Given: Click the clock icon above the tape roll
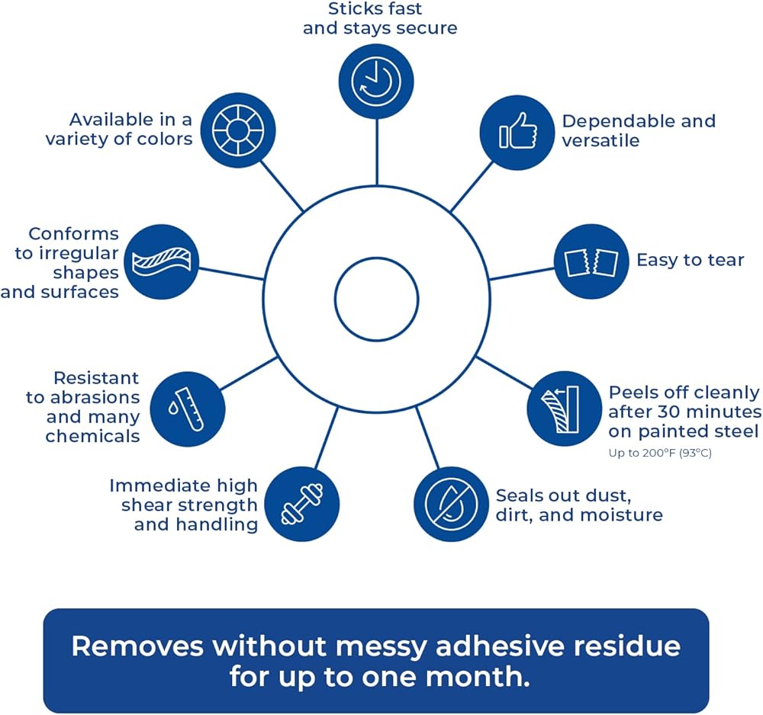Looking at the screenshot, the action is point(376,82).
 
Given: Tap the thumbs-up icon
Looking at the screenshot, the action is point(517,132).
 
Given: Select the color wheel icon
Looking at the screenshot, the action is point(238,130).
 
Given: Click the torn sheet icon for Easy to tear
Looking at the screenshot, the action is point(592,261).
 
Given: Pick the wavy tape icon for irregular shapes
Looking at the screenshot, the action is point(162,261).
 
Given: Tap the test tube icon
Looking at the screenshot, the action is point(188,409).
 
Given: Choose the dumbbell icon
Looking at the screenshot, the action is point(302,504).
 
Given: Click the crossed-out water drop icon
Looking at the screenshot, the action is point(452,504).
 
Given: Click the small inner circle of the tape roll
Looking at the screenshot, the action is point(377,299).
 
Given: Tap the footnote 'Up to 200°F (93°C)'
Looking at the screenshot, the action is point(660,453).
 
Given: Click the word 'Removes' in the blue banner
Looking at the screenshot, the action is point(137,646).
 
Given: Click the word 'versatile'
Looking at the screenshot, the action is point(600,140).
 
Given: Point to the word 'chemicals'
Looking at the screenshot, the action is point(92,436).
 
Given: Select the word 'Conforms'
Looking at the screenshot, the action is point(73,234).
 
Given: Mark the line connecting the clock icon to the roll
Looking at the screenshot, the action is point(377,152).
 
